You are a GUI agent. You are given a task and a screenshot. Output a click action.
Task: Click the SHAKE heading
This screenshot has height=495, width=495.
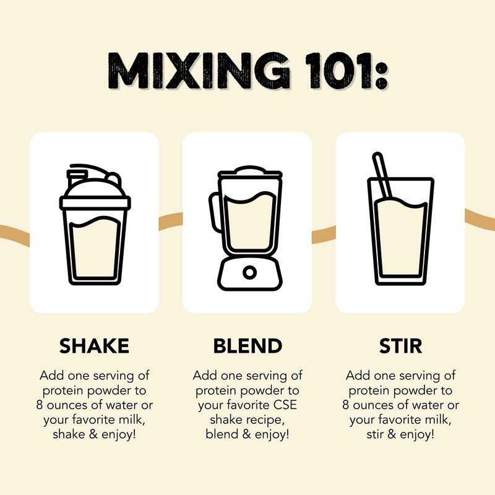point(94,346)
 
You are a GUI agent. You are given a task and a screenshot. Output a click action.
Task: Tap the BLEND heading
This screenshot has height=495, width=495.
point(247,346)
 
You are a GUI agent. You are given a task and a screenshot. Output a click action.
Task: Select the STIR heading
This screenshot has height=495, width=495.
point(400,346)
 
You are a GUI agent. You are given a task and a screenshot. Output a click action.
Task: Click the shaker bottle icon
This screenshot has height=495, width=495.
point(95,225)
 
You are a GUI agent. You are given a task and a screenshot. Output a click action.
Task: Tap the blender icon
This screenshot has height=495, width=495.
point(246,228)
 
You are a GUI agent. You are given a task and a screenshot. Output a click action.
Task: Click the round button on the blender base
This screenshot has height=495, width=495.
point(249,272)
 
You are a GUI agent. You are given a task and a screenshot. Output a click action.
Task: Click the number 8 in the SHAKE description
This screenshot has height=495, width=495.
point(39,405)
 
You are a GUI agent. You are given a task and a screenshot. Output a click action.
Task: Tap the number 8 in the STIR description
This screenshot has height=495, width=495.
point(345,405)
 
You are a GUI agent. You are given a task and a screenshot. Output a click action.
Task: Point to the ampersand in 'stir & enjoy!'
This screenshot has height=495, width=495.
point(392,434)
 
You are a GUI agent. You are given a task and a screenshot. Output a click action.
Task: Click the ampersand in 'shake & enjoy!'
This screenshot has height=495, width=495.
point(93,434)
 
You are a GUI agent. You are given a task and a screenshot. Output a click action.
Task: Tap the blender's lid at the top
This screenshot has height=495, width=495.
point(250,172)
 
